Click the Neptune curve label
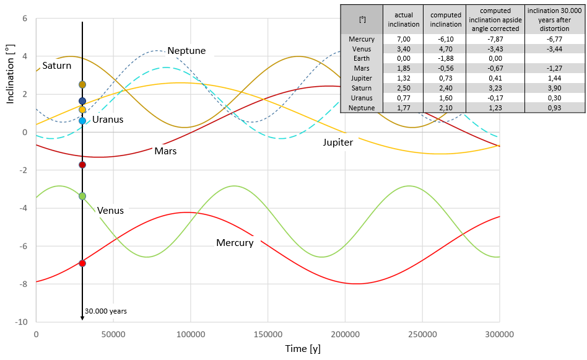(x=186, y=51)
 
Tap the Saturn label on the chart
(x=56, y=66)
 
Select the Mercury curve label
(x=235, y=243)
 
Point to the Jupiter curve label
(x=337, y=143)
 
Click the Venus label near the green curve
(x=110, y=211)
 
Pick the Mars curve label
(x=165, y=151)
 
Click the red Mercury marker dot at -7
(x=82, y=263)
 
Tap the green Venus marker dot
(x=82, y=196)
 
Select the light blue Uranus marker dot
(x=82, y=121)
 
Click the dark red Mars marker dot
(x=82, y=165)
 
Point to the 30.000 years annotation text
(x=106, y=311)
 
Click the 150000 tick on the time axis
(x=267, y=334)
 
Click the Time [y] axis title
(x=303, y=349)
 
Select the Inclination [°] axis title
(x=10, y=74)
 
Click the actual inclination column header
(x=404, y=19)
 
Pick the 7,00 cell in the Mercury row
(x=404, y=39)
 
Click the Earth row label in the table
(x=362, y=58)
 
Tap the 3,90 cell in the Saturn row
(x=554, y=88)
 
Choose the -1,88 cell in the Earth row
(x=445, y=58)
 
